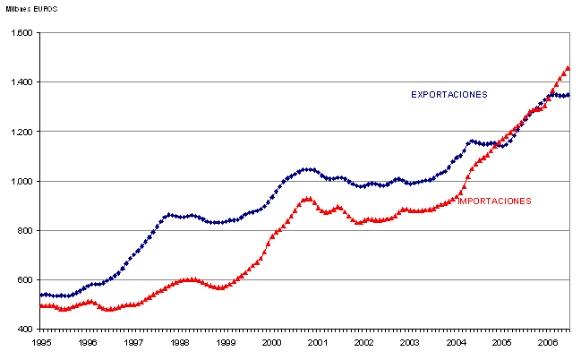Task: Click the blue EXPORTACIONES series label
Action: pyautogui.click(x=449, y=94)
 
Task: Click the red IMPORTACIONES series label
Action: pyautogui.click(x=494, y=201)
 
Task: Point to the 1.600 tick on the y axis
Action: pyautogui.click(x=21, y=33)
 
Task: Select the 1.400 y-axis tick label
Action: pyautogui.click(x=21, y=82)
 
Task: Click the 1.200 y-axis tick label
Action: pyautogui.click(x=21, y=132)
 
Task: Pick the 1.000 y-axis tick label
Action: pyautogui.click(x=21, y=182)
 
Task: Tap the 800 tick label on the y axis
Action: pyautogui.click(x=25, y=231)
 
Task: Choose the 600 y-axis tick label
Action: pyautogui.click(x=25, y=280)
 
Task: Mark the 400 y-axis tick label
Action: pyautogui.click(x=25, y=330)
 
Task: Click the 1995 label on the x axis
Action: pyautogui.click(x=41, y=342)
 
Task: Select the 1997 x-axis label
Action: pyautogui.click(x=133, y=342)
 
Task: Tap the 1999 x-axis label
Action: pyautogui.click(x=226, y=342)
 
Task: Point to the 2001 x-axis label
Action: pyautogui.click(x=319, y=342)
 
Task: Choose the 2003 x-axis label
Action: pyautogui.click(x=411, y=342)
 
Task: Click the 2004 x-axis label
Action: pyautogui.click(x=457, y=342)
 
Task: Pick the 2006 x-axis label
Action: pyautogui.click(x=549, y=342)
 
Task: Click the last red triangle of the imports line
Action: pyautogui.click(x=568, y=67)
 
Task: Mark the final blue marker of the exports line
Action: pyautogui.click(x=568, y=94)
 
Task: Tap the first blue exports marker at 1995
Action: pyautogui.click(x=41, y=295)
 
